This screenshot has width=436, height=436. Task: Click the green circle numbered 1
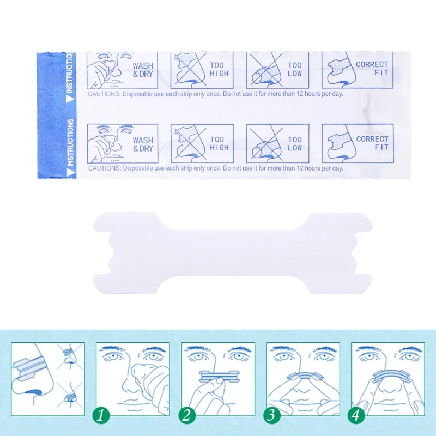101,416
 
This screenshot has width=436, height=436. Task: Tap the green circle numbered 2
186,416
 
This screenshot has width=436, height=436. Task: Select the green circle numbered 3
271,415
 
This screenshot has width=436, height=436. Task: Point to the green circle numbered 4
356,416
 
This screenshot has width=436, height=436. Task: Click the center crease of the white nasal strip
228,253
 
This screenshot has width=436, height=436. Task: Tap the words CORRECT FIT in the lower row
372,143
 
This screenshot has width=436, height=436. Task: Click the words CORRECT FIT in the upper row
372,69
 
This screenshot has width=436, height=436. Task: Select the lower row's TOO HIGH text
220,143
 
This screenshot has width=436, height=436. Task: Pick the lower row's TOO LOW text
295,143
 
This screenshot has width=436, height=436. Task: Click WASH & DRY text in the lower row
143,144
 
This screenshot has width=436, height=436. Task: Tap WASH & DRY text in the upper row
143,70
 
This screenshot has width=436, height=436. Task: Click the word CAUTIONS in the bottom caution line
105,168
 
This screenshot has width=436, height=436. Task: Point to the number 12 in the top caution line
300,94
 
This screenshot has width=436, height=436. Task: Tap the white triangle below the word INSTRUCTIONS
71,173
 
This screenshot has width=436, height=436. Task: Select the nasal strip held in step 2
220,376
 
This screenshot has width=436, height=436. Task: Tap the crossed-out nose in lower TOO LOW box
265,150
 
